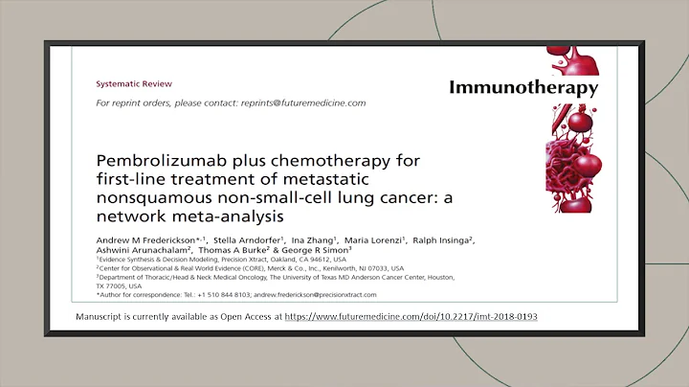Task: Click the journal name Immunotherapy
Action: point(523,88)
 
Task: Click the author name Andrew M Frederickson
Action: point(143,239)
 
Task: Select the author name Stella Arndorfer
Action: point(240,239)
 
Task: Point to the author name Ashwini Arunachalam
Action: point(141,251)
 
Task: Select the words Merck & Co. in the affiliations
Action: point(307,269)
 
